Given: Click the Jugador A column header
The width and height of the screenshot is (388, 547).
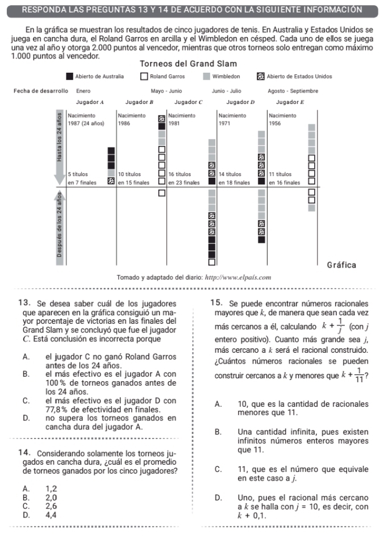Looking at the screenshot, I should (x=86, y=102).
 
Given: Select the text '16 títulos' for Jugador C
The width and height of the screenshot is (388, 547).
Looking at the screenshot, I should (x=180, y=174).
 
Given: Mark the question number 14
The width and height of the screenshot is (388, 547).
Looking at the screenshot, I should (x=24, y=453).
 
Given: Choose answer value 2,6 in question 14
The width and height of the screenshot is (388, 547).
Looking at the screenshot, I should (x=51, y=506).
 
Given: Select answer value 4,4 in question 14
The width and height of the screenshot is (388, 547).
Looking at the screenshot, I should (x=51, y=514).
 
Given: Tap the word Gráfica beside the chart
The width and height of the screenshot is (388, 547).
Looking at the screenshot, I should (x=341, y=265).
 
